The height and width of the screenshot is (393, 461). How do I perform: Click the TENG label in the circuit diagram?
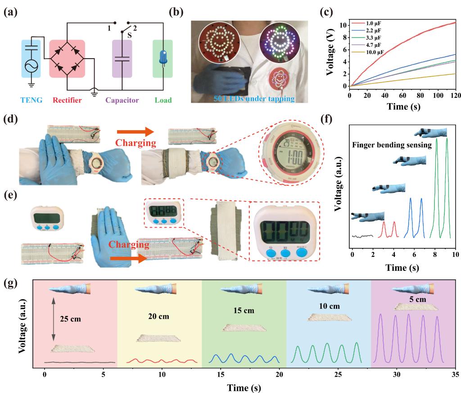(32, 100)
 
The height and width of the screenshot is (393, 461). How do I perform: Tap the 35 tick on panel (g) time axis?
(455, 375)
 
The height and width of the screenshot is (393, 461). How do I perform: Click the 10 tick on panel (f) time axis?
(455, 256)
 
